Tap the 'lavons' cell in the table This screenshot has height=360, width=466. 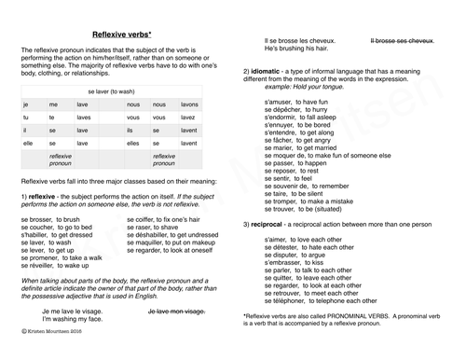click(189, 104)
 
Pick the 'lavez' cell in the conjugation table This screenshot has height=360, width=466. click(188, 118)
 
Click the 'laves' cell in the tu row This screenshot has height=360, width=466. click(83, 118)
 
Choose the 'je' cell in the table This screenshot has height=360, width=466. click(26, 104)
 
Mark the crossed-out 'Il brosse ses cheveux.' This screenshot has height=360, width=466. click(403, 41)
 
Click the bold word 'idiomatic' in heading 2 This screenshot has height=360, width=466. click(268, 71)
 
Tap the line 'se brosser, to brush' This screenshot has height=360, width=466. click(50, 218)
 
